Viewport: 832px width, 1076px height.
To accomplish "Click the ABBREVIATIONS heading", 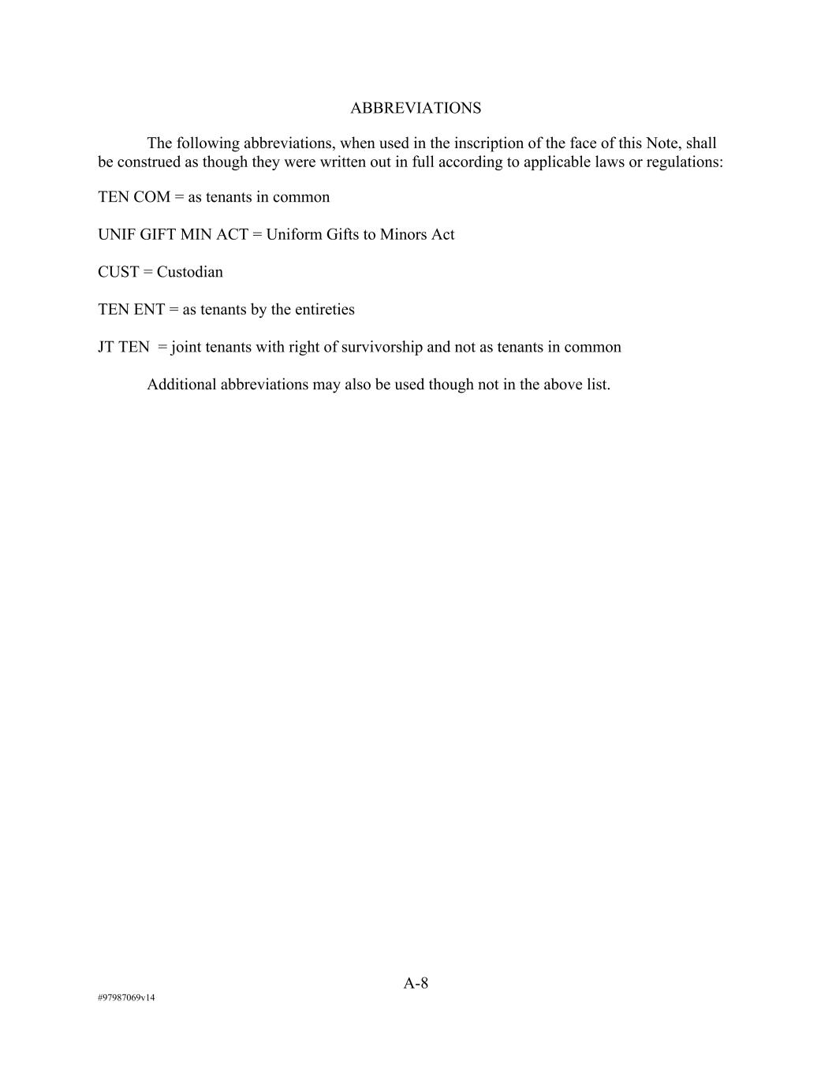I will tap(416, 108).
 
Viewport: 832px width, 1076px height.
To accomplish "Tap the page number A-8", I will tap(416, 983).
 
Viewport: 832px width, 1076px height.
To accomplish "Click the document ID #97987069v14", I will tap(126, 998).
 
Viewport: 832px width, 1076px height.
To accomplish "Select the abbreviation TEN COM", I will tap(134, 197).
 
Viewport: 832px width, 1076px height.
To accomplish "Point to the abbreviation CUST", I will tap(118, 272).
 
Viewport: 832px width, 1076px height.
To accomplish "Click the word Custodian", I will tap(190, 272).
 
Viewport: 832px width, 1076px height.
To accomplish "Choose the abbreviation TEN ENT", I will tap(131, 310).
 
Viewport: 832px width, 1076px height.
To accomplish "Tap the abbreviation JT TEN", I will tap(124, 347).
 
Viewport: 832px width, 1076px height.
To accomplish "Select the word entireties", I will tap(324, 310).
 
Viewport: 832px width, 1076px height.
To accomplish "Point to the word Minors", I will tap(404, 235).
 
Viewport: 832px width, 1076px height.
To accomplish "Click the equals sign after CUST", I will tap(148, 272).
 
